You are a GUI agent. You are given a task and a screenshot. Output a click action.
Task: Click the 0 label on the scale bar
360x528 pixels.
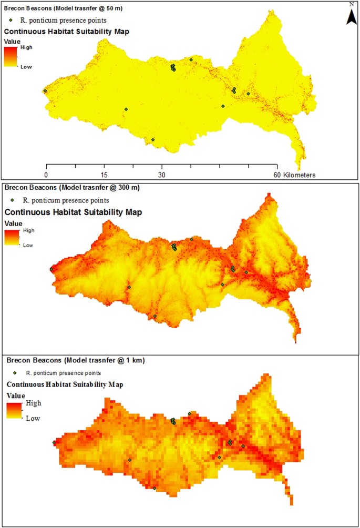point(46,175)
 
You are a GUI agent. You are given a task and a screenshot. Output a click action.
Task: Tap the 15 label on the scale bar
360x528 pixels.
point(104,175)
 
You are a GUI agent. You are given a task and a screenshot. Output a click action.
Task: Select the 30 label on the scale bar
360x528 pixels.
point(162,175)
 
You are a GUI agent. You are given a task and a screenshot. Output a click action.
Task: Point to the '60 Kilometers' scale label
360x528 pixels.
point(294,175)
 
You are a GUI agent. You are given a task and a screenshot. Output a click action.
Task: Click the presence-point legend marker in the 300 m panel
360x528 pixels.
point(12,200)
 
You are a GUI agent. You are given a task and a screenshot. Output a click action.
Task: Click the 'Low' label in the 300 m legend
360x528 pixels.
point(28,245)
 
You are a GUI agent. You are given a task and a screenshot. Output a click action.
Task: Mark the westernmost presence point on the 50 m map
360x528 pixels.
point(45,90)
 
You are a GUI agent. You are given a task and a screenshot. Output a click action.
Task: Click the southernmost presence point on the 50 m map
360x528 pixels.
point(153,139)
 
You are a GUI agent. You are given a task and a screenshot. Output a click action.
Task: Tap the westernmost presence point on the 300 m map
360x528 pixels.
point(52,269)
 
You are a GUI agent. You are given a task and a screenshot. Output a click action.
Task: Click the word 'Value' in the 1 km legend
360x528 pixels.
point(16,394)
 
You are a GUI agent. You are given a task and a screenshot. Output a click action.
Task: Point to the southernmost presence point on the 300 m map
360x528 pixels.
point(155,316)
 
